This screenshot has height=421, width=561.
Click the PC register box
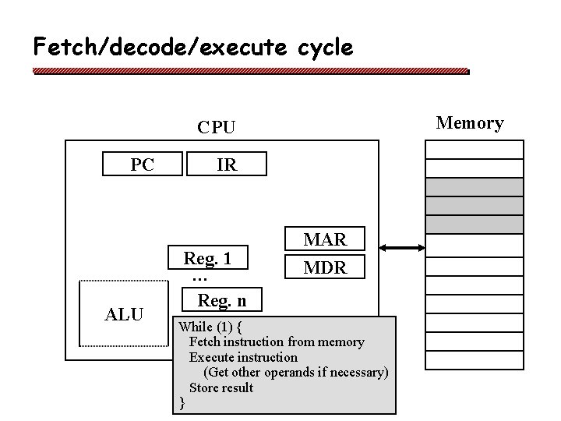tap(143, 165)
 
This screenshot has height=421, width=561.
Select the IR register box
tap(227, 165)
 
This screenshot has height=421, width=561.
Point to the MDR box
tap(325, 267)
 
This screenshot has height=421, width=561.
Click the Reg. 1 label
tap(208, 258)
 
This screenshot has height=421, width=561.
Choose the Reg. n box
tap(221, 299)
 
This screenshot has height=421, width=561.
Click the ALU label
tap(124, 314)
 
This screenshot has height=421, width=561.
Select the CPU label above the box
tap(217, 127)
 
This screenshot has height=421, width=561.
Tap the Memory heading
tap(469, 123)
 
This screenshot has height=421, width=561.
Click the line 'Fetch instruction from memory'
tap(277, 341)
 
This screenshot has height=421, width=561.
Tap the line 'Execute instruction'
tap(243, 357)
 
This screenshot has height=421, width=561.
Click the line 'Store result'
tap(221, 387)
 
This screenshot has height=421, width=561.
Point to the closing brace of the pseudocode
tap(182, 402)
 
